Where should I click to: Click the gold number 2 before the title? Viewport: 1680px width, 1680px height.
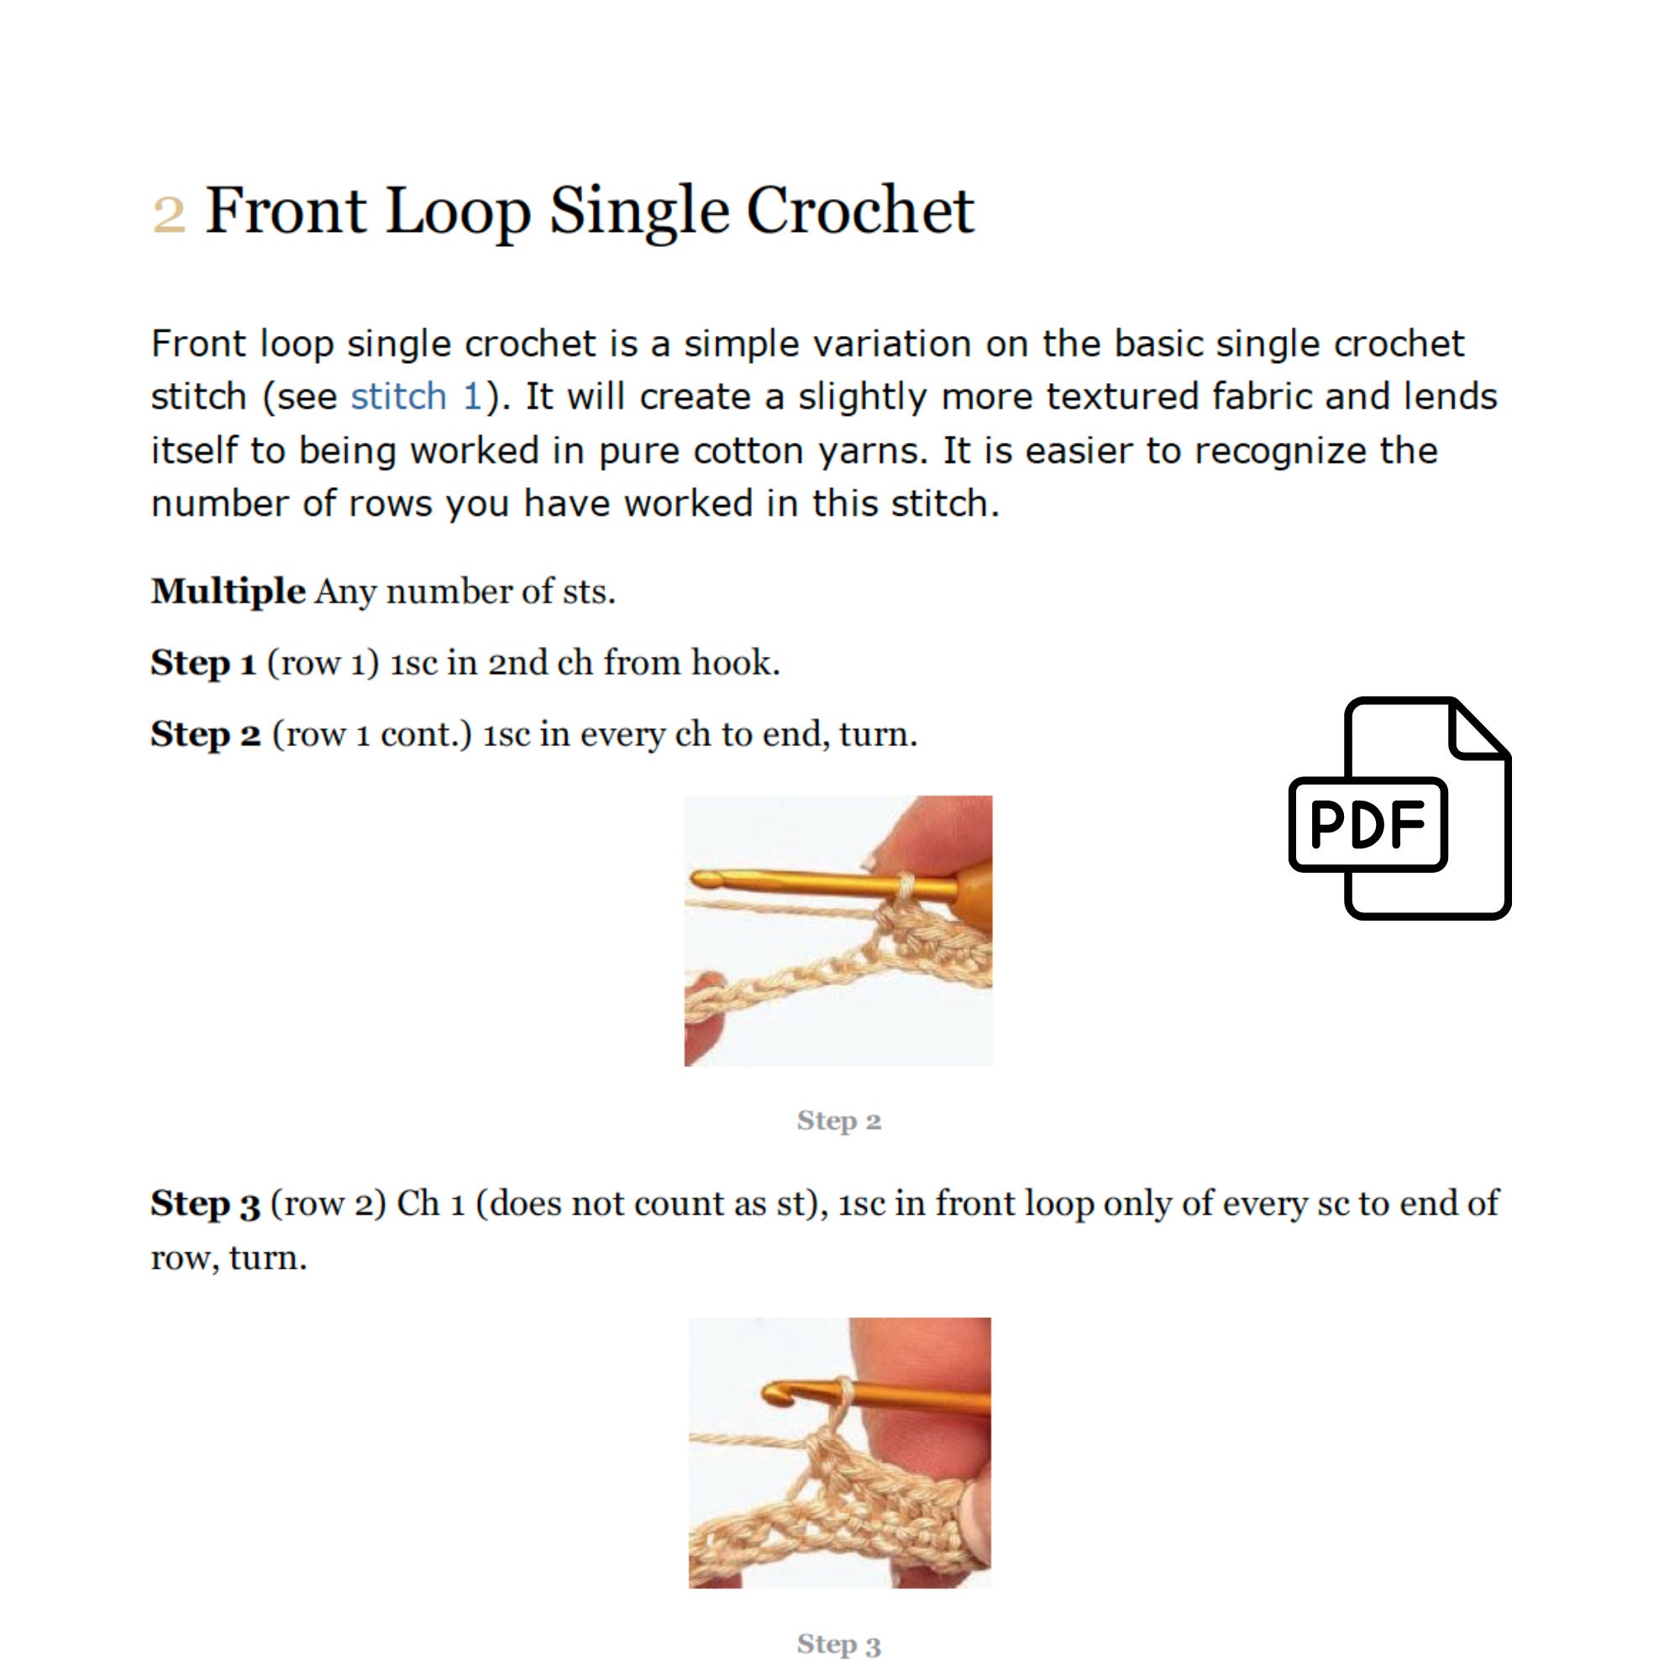point(169,214)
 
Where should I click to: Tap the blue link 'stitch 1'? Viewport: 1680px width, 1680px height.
point(416,397)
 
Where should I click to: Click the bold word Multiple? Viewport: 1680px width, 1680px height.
point(228,591)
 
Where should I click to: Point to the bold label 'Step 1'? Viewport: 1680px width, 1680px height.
point(202,663)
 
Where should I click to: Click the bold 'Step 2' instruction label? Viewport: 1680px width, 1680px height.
point(205,734)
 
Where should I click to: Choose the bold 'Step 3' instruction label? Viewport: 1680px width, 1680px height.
point(205,1204)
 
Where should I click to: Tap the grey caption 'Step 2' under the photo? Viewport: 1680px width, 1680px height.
point(838,1121)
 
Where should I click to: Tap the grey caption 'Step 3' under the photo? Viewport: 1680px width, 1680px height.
point(838,1645)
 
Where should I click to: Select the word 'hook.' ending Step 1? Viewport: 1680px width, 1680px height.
point(736,663)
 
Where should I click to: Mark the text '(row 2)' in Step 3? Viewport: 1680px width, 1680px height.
point(328,1204)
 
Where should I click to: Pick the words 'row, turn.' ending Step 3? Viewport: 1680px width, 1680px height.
point(228,1258)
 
